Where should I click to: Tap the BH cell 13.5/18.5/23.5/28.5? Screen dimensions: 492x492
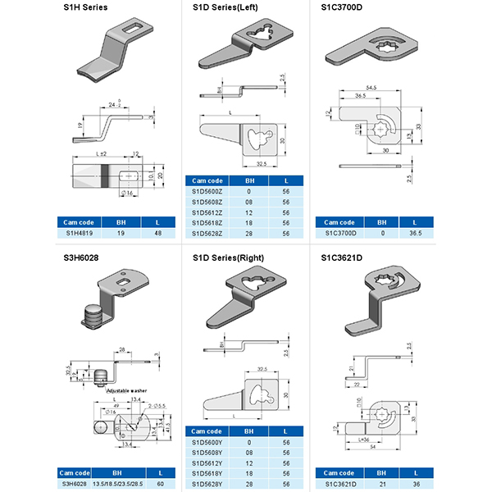(121, 485)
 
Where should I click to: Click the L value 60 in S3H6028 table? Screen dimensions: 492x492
(161, 485)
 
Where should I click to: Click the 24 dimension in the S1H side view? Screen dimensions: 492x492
(110, 104)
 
